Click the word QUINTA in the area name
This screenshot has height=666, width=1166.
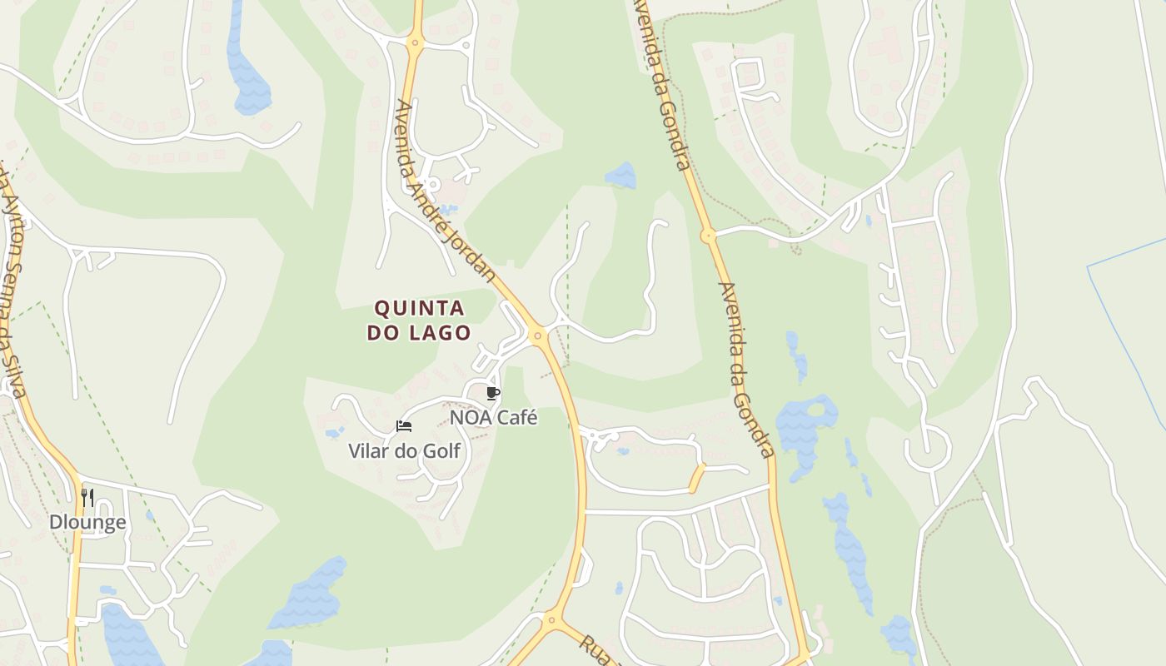[419, 309]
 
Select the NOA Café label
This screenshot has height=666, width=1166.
[493, 417]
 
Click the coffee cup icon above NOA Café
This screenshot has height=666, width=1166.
[492, 393]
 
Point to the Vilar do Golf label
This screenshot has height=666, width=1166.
[404, 451]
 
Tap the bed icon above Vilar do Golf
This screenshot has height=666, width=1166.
[404, 427]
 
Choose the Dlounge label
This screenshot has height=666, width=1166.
[87, 522]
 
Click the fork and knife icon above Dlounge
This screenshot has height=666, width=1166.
[87, 498]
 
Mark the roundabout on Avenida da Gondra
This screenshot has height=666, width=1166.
[708, 236]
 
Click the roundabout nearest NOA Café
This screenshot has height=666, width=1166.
[538, 336]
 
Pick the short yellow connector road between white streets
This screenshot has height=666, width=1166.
[696, 478]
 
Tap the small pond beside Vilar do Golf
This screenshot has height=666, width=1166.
[335, 433]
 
